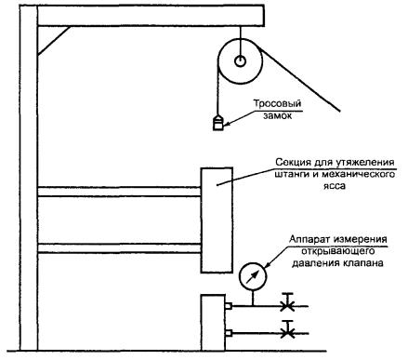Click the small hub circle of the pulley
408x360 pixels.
click(240, 61)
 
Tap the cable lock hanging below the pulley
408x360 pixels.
click(217, 122)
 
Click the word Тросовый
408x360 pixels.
click(277, 104)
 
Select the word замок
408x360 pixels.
click(277, 115)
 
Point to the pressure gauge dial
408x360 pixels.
click(253, 277)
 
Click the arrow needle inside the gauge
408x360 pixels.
click(252, 277)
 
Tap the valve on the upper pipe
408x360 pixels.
click(288, 301)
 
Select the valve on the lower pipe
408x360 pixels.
click(288, 329)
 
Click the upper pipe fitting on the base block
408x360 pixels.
click(229, 306)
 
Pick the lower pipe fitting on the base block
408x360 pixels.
click(229, 333)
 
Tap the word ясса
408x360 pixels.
click(336, 186)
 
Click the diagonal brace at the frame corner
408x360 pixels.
click(54, 41)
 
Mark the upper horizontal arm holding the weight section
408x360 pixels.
click(119, 192)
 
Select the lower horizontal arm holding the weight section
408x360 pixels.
click(119, 248)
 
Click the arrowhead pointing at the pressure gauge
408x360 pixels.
click(267, 265)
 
